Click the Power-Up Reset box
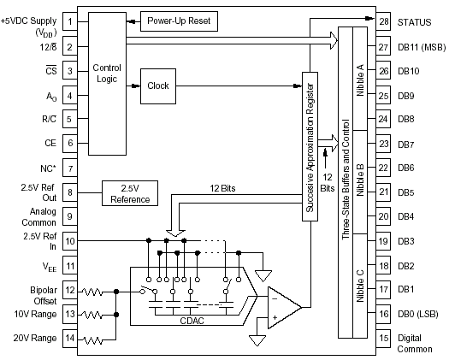pyautogui.click(x=179, y=21)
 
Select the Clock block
pyautogui.click(x=158, y=86)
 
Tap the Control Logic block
pyautogui.click(x=107, y=84)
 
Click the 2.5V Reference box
pyautogui.click(x=130, y=193)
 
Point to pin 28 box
pyautogui.click(x=383, y=21)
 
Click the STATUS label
pyautogui.click(x=414, y=22)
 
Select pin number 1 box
pyautogui.click(x=70, y=21)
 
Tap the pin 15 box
pyautogui.click(x=383, y=339)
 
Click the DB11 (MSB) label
pyautogui.click(x=422, y=47)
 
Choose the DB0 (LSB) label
pyautogui.click(x=418, y=314)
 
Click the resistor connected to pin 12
pyautogui.click(x=92, y=292)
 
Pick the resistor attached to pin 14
pyautogui.click(x=92, y=340)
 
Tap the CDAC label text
pyautogui.click(x=192, y=321)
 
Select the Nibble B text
pyautogui.click(x=360, y=180)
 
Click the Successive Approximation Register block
pyautogui.click(x=310, y=146)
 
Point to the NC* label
pyautogui.click(x=48, y=168)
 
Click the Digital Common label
pyautogui.click(x=415, y=344)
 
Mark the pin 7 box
pyautogui.click(x=70, y=168)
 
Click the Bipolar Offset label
pyautogui.click(x=44, y=296)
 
